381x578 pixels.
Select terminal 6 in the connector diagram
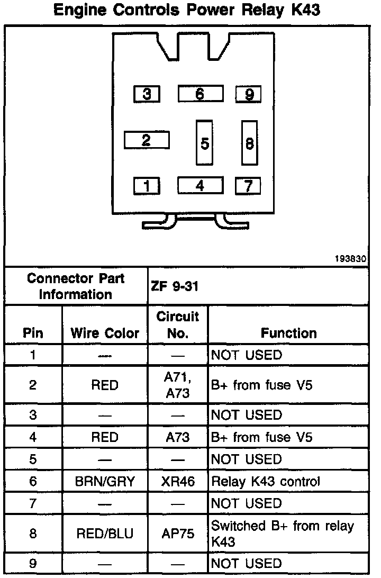[199, 94]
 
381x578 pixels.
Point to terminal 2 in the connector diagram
[147, 140]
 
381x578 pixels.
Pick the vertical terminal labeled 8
[249, 143]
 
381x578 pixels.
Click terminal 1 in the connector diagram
[147, 186]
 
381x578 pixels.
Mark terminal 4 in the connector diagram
[199, 186]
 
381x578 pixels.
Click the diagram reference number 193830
[352, 260]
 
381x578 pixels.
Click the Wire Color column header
[105, 333]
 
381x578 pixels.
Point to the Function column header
[288, 333]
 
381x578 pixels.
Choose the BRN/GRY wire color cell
[105, 482]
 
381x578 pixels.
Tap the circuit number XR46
[178, 482]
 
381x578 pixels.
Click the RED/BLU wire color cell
[105, 534]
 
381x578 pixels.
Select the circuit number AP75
[178, 534]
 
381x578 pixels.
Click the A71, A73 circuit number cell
[178, 385]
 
